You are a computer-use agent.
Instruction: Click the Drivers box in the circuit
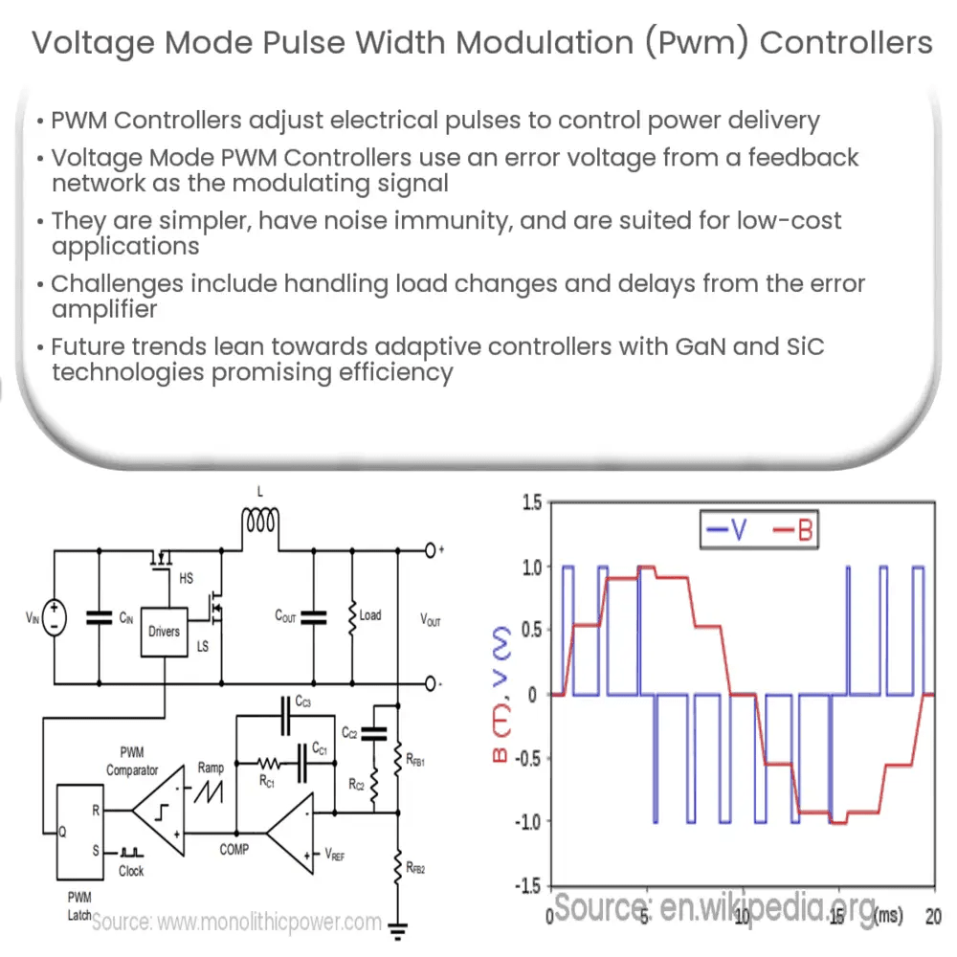click(165, 632)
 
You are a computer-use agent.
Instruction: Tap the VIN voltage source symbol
click(54, 617)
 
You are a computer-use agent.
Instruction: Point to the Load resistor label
click(369, 615)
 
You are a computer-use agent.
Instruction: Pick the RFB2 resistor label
click(415, 868)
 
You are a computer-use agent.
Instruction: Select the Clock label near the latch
click(131, 871)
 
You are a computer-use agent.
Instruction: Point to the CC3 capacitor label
click(303, 703)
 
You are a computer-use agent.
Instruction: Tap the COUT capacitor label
click(284, 617)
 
